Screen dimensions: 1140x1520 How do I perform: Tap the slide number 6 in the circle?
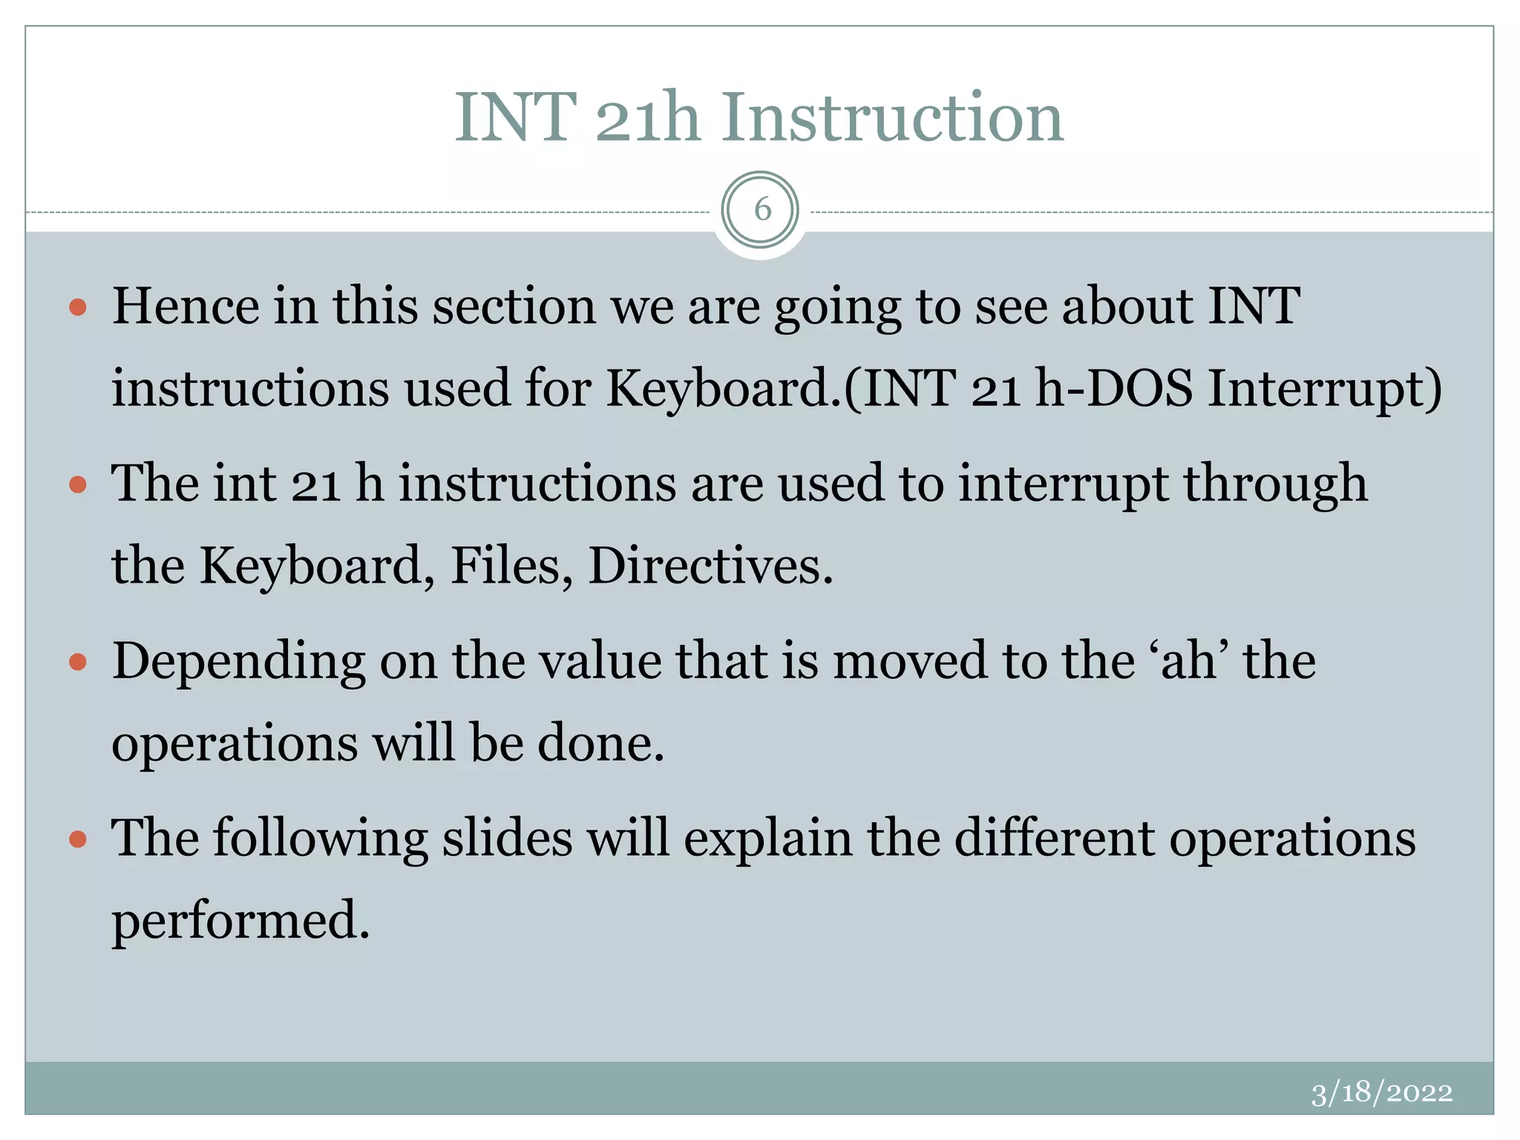761,210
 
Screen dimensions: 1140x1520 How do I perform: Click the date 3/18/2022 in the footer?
1381,1092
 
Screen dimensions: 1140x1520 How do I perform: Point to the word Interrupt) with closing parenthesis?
1325,387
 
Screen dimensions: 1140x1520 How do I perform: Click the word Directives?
710,566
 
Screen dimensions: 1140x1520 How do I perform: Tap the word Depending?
238,662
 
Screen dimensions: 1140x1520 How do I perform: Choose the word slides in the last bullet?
508,838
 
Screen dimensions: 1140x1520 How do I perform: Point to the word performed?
240,921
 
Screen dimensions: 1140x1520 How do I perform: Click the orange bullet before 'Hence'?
78,307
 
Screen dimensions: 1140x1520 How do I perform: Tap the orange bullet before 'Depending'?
78,662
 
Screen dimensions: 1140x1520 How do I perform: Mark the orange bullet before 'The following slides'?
78,839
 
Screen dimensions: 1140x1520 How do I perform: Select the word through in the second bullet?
1274,485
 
